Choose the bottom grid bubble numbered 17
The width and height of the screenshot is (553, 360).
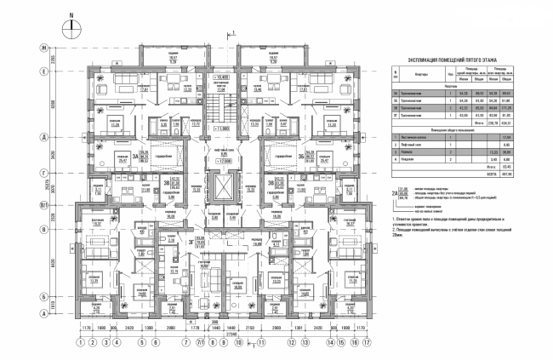pyautogui.click(x=367, y=342)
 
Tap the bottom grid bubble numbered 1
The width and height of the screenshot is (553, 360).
pyautogui.click(x=80, y=342)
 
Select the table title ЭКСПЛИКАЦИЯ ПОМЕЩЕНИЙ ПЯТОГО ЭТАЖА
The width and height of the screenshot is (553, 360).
pyautogui.click(x=460, y=60)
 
